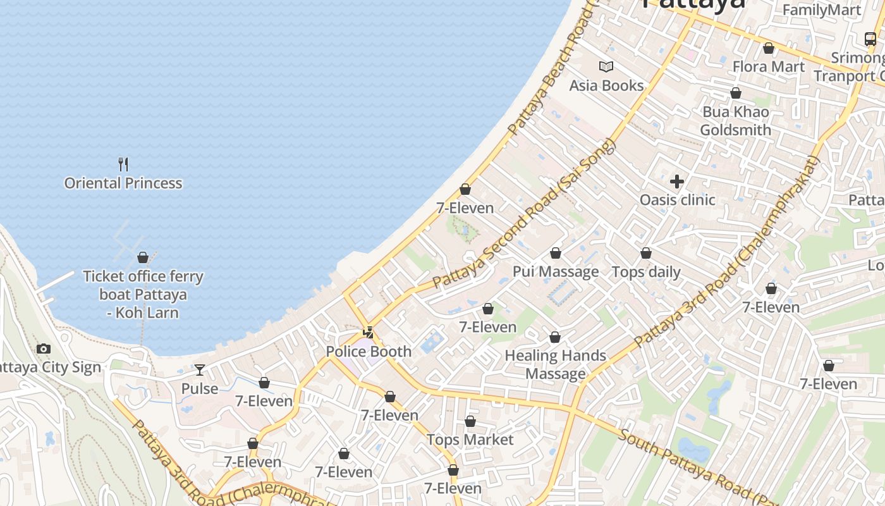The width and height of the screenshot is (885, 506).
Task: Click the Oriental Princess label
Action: (123, 183)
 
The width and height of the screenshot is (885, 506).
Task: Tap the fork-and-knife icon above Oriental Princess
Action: (123, 164)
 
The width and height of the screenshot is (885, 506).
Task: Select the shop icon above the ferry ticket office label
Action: (143, 257)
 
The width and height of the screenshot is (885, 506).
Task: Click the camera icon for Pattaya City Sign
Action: (44, 349)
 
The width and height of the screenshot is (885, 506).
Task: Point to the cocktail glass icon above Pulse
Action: (200, 370)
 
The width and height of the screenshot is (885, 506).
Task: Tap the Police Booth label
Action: (369, 352)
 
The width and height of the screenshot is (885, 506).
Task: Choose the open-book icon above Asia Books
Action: (606, 67)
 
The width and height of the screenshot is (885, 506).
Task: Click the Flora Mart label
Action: (769, 67)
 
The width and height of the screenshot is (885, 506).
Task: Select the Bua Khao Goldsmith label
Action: (736, 121)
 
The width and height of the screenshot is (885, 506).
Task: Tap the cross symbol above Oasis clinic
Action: (677, 182)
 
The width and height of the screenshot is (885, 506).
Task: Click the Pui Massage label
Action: (556, 272)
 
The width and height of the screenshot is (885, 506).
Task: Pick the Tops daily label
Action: (646, 272)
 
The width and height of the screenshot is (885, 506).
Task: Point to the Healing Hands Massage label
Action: (556, 364)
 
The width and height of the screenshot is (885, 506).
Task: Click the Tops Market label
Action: (470, 440)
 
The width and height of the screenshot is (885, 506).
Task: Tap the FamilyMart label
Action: (822, 10)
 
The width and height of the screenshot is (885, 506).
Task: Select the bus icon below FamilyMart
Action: (870, 39)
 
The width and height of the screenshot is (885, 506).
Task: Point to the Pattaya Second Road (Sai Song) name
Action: (524, 215)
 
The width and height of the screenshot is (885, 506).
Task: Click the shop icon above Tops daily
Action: (646, 254)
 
